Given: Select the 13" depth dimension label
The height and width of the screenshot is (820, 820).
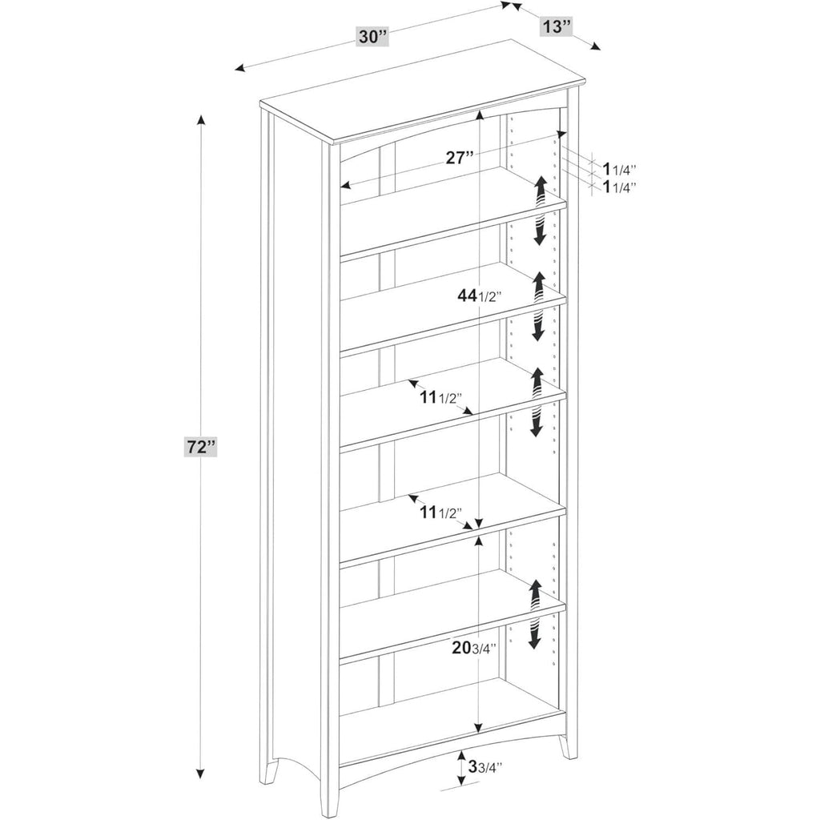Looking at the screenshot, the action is pyautogui.click(x=555, y=26).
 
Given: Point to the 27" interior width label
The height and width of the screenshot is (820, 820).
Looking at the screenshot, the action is pyautogui.click(x=460, y=158).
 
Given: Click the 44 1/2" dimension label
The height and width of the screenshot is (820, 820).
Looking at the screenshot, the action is pyautogui.click(x=480, y=296).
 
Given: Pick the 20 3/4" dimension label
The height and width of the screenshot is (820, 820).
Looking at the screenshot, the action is pyautogui.click(x=474, y=648).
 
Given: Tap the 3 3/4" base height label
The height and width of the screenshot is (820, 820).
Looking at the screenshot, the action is pyautogui.click(x=484, y=767).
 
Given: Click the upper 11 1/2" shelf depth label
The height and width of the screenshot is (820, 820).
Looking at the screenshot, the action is pyautogui.click(x=441, y=398).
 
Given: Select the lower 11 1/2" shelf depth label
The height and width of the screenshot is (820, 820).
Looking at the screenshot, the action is pyautogui.click(x=441, y=513).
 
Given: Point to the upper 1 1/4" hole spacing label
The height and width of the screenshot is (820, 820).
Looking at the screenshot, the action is pyautogui.click(x=620, y=169).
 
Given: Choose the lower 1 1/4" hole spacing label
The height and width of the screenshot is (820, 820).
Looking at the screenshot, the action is pyautogui.click(x=620, y=187).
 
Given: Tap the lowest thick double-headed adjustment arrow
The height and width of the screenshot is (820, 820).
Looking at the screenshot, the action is pyautogui.click(x=534, y=614).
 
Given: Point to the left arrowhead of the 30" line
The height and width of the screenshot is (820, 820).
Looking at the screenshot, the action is pyautogui.click(x=240, y=68).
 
